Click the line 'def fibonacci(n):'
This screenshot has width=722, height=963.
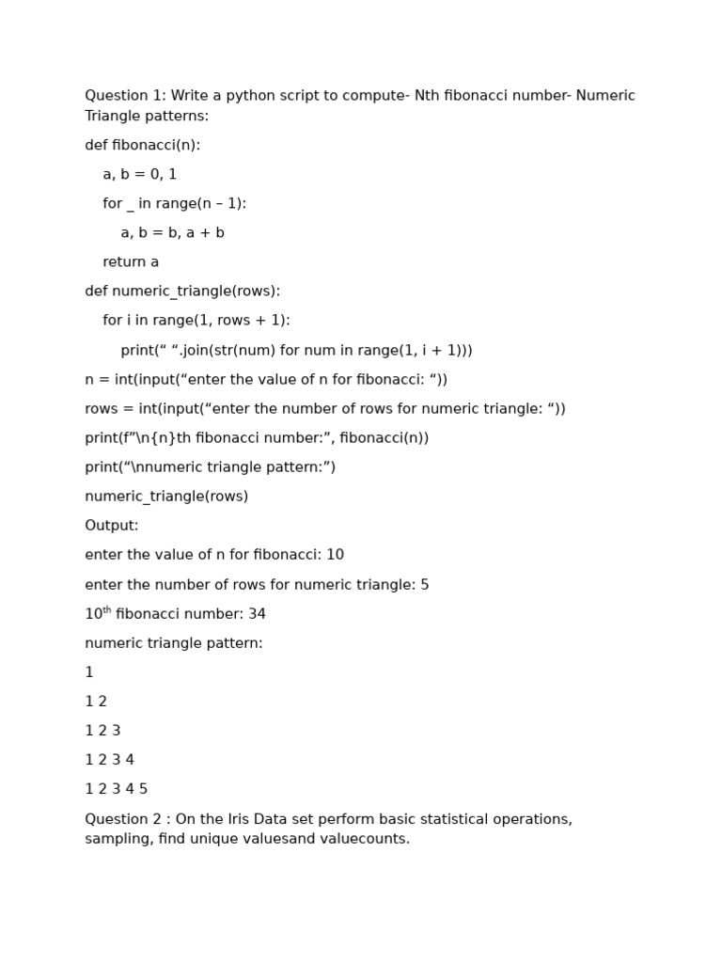tap(142, 145)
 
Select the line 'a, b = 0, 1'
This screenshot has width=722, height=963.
tap(139, 174)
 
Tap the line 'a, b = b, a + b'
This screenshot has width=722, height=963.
tap(172, 232)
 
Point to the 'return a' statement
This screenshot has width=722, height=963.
tap(131, 261)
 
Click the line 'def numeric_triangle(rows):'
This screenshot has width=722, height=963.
tap(182, 291)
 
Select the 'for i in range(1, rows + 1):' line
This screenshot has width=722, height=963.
tap(196, 320)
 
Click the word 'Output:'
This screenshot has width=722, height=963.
tap(111, 525)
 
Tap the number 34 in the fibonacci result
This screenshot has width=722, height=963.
tap(257, 614)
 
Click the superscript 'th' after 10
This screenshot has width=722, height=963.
tap(106, 610)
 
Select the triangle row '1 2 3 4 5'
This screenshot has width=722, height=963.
tap(116, 789)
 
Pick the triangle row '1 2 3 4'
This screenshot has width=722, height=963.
tap(109, 759)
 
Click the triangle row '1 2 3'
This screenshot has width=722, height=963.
tap(102, 730)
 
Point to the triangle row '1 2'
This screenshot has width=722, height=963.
tap(96, 701)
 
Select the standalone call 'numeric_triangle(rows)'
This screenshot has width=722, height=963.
tap(166, 496)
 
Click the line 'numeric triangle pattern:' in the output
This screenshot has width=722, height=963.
tap(174, 643)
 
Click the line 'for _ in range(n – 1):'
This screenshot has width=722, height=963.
tap(174, 203)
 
